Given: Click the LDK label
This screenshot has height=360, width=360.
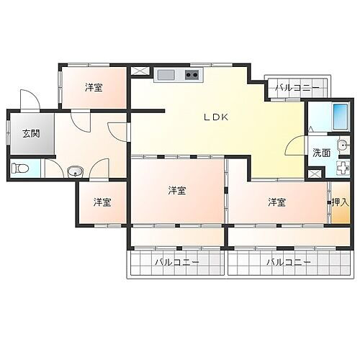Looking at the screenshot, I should pos(215,117).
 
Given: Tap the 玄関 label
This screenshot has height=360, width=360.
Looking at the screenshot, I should pos(30,132).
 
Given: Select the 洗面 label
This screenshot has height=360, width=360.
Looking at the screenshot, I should pos(321,153).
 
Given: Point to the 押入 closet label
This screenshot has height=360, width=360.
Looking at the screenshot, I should pos(338,202).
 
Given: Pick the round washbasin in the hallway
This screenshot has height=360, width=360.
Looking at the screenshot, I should pos(74,171).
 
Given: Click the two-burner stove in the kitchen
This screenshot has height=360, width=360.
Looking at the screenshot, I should pos(192,74).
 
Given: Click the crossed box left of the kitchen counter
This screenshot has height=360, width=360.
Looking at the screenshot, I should pos(138,72).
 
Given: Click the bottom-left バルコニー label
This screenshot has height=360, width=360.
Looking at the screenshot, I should pos(176,263).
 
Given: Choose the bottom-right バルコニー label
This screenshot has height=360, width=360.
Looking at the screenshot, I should pos(288,263).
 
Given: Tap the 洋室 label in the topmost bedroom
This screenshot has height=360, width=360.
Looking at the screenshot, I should pos(93,88).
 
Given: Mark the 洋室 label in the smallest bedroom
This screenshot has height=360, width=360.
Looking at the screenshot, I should pos(102,202).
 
